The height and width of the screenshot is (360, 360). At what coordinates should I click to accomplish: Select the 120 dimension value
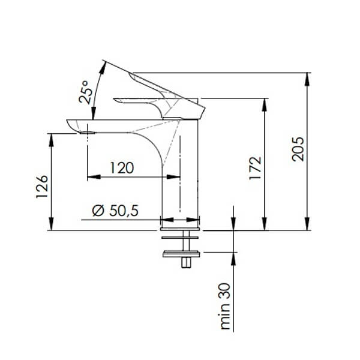(122, 168)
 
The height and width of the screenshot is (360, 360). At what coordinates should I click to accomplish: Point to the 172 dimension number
(256, 169)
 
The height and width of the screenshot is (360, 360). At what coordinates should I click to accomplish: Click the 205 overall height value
(298, 149)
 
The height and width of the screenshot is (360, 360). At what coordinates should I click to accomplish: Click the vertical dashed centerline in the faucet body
(180, 174)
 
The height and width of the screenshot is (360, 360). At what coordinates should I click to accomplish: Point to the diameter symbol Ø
(97, 210)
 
